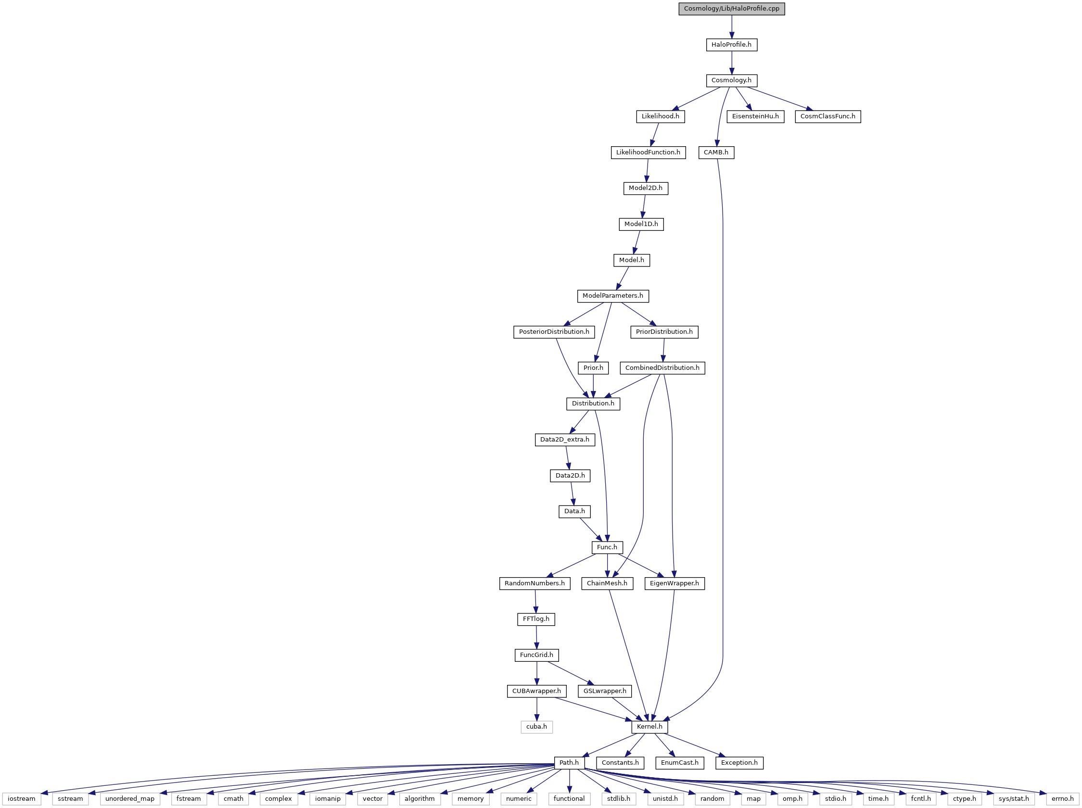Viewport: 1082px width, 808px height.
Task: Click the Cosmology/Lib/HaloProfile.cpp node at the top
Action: pos(731,9)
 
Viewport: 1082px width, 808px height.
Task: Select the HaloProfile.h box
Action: pos(731,45)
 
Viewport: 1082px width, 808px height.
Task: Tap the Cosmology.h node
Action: pos(731,80)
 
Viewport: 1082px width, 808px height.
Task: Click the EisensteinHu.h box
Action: pos(755,116)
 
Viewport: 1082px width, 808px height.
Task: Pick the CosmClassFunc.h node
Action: pos(827,116)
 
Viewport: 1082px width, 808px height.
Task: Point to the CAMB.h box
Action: pos(716,152)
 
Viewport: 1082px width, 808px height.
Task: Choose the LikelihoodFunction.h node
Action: pos(648,152)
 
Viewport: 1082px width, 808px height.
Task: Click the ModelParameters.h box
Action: pos(613,296)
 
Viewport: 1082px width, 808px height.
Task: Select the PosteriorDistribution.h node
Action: pos(554,331)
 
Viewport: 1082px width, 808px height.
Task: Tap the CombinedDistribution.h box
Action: pos(662,368)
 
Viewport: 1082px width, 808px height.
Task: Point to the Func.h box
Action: pos(607,547)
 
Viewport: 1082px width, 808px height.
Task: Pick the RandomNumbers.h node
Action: pos(535,583)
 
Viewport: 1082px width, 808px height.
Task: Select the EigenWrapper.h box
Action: pos(674,583)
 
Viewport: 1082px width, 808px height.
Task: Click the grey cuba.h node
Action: pos(536,727)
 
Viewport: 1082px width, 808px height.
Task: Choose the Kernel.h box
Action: pos(649,727)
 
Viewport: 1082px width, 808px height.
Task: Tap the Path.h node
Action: pos(569,762)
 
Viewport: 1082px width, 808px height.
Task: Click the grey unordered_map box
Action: pos(129,799)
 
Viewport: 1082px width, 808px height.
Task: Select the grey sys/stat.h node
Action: pos(1014,799)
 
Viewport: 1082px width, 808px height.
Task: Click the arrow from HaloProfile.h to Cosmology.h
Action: pos(731,63)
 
